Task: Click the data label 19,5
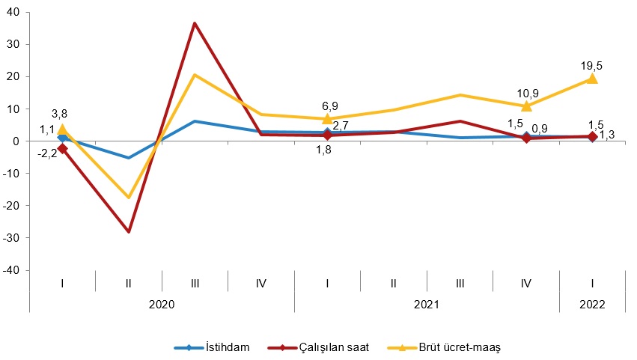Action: pyautogui.click(x=591, y=66)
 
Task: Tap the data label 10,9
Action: pyautogui.click(x=527, y=93)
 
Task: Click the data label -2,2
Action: pyautogui.click(x=48, y=154)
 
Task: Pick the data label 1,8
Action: pyautogui.click(x=323, y=150)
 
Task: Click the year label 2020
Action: pyautogui.click(x=161, y=305)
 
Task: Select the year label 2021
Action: pyautogui.click(x=426, y=305)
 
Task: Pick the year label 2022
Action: pyautogui.click(x=591, y=305)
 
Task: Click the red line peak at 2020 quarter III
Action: pyautogui.click(x=195, y=23)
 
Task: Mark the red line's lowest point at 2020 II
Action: pyautogui.click(x=129, y=231)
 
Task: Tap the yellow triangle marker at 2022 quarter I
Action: pyautogui.click(x=591, y=79)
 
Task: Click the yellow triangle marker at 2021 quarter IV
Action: pyautogui.click(x=526, y=106)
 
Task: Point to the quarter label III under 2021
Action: pyautogui.click(x=460, y=283)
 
